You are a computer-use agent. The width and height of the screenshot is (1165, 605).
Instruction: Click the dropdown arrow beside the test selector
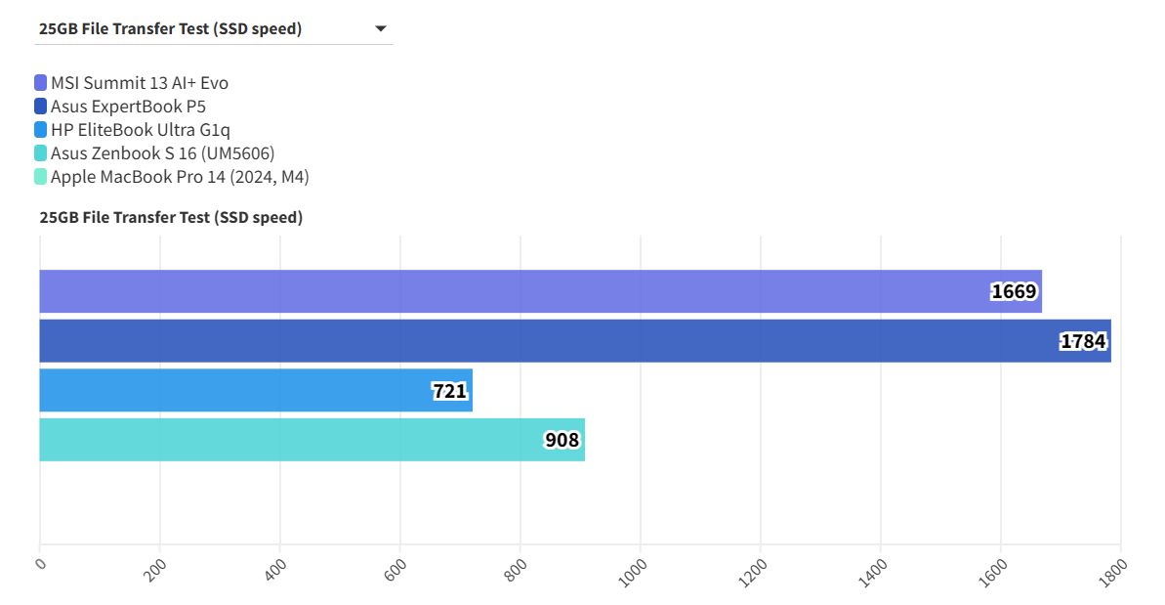click(381, 29)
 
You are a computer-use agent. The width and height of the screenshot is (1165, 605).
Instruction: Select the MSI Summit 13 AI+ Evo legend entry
click(140, 83)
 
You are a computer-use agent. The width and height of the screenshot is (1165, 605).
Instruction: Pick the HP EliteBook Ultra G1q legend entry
click(141, 130)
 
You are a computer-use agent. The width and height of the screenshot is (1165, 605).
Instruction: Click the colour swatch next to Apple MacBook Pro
click(40, 177)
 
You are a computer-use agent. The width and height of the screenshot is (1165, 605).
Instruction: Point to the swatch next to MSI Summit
click(40, 83)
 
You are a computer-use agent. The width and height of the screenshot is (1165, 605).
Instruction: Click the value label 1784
click(1083, 341)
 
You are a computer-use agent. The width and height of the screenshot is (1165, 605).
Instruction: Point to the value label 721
click(449, 391)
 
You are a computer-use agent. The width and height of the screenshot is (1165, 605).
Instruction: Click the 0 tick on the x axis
click(40, 563)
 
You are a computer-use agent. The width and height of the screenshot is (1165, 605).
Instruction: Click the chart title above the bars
click(171, 217)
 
